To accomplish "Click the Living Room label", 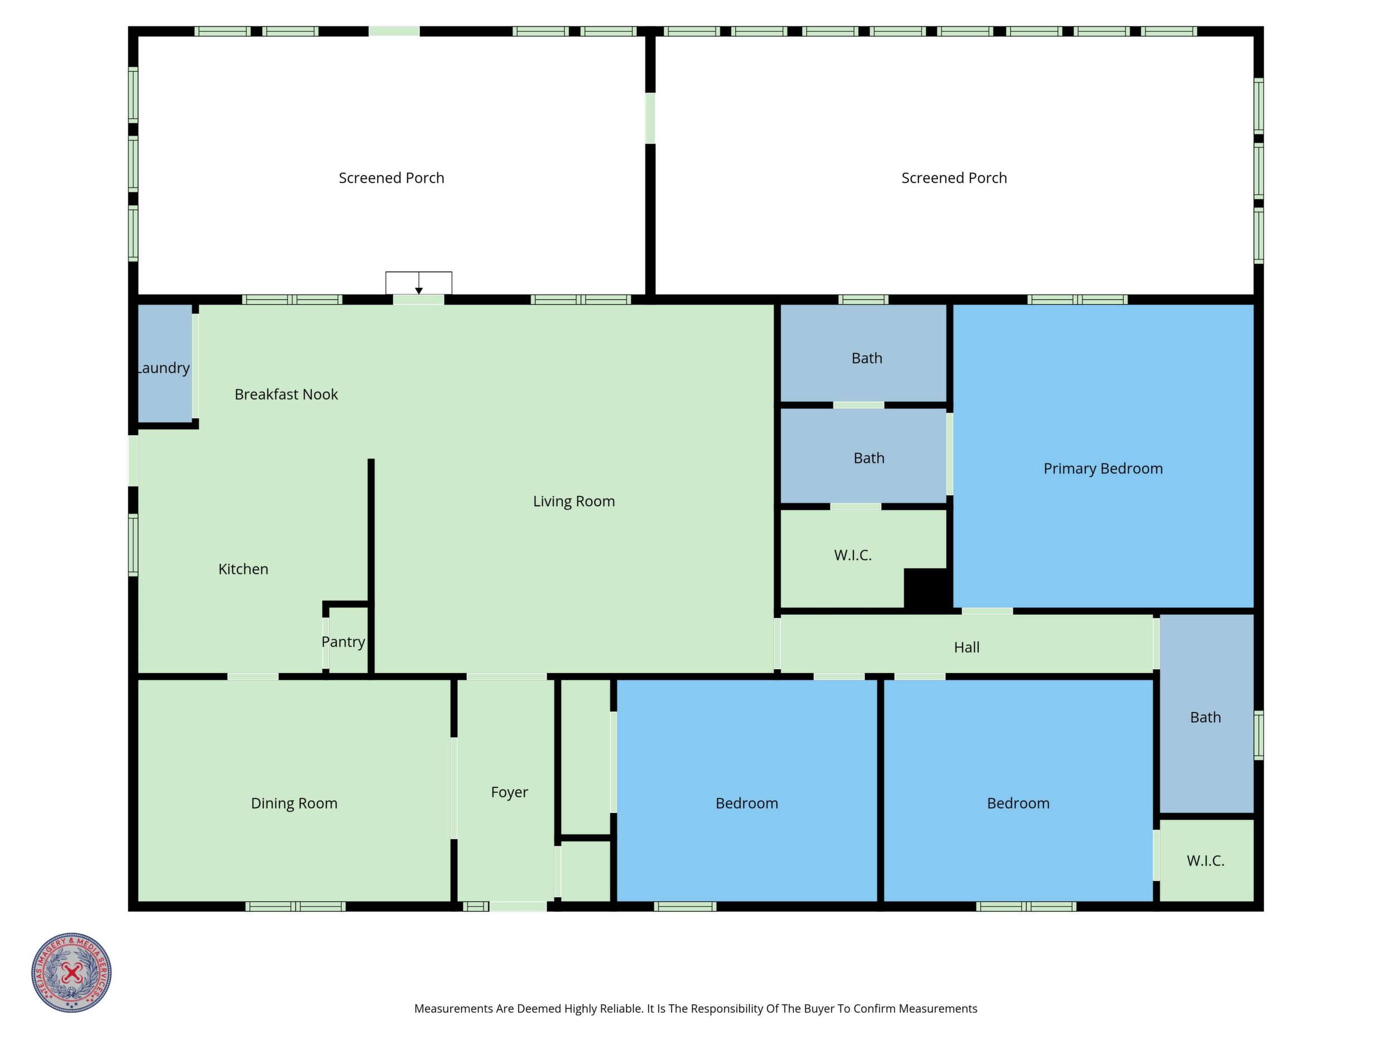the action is pyautogui.click(x=573, y=501).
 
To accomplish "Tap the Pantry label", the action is pyautogui.click(x=343, y=642).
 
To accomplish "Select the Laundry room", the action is pyautogui.click(x=165, y=363).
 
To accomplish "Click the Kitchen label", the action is pyautogui.click(x=243, y=569).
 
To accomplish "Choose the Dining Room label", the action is pyautogui.click(x=294, y=804).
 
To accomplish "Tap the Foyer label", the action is pyautogui.click(x=509, y=792).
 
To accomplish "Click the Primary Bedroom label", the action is pyautogui.click(x=1103, y=469).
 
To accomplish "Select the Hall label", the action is pyautogui.click(x=966, y=647).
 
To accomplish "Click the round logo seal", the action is pyautogui.click(x=72, y=972).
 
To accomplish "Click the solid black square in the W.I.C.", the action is pyautogui.click(x=926, y=588).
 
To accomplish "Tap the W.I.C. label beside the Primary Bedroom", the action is pyautogui.click(x=853, y=555).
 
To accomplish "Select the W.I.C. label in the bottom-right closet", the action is pyautogui.click(x=1205, y=861).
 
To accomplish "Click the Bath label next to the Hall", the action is pyautogui.click(x=1205, y=717).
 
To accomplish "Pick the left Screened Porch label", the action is pyautogui.click(x=391, y=178).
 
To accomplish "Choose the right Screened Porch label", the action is pyautogui.click(x=954, y=178).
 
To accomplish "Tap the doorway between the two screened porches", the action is pyautogui.click(x=650, y=118).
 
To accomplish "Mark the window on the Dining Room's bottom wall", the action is pyautogui.click(x=295, y=906).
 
